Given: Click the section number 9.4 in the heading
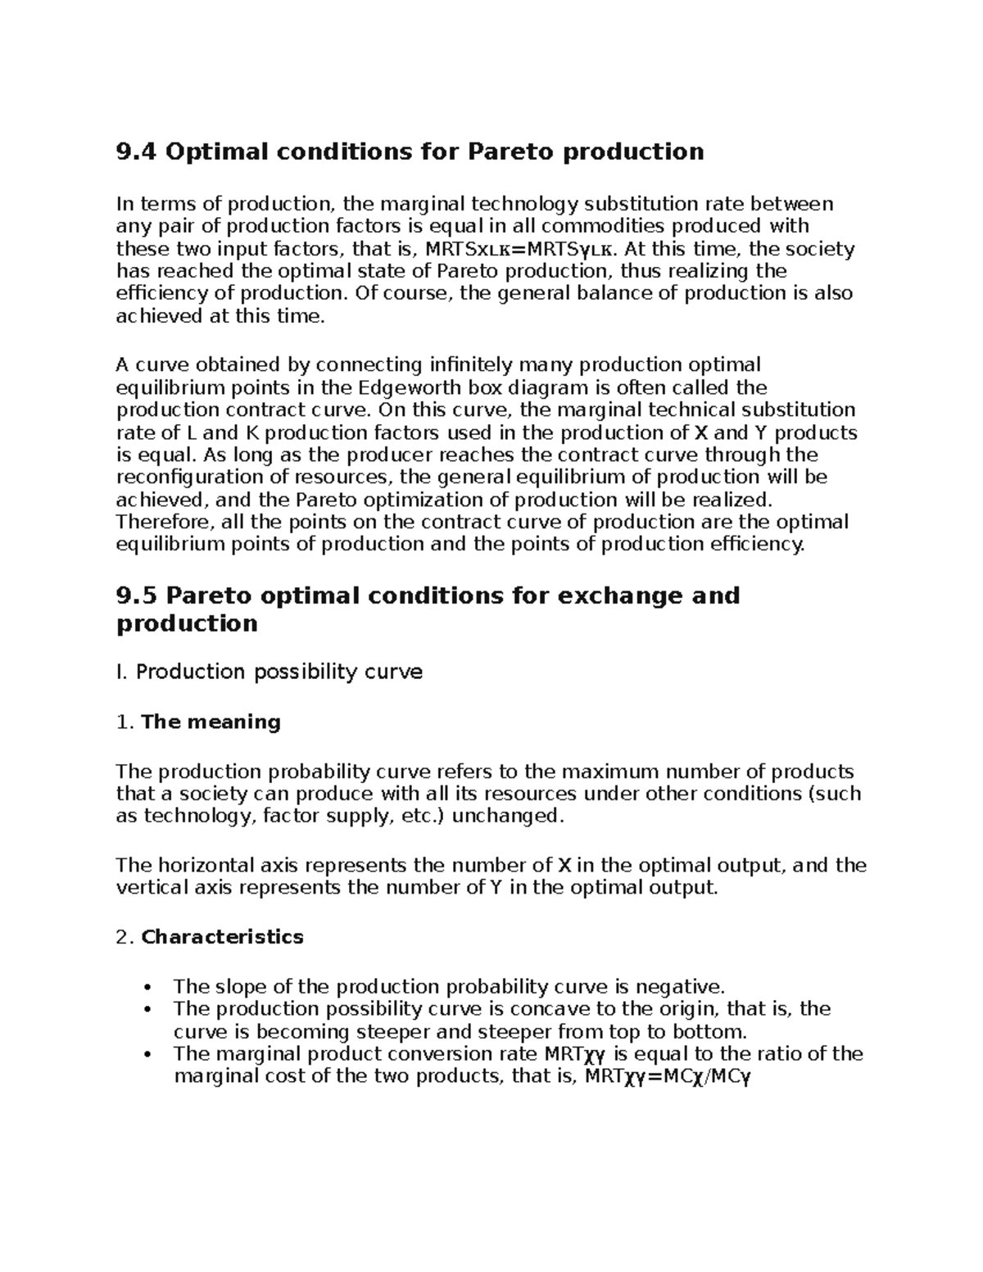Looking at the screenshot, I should coord(137,152).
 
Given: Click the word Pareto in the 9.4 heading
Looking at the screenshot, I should coord(510,152).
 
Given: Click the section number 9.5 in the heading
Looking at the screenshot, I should coord(138,595).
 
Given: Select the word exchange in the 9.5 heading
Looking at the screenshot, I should coord(619,595).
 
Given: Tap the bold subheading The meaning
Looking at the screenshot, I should coord(211,722).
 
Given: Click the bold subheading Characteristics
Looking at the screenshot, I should coord(222,936).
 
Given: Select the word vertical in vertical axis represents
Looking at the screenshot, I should coord(150,888).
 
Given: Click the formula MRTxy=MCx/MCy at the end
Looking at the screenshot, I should coord(666,1076).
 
